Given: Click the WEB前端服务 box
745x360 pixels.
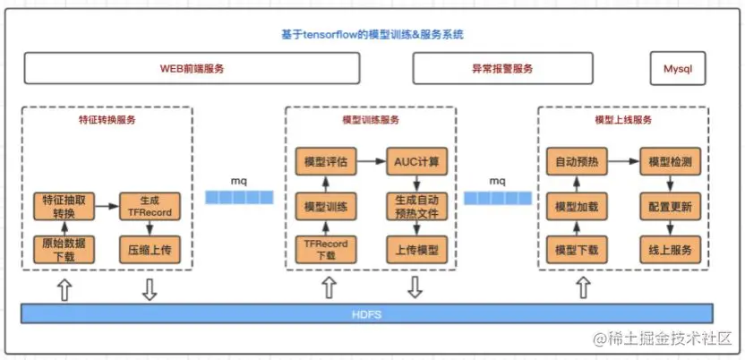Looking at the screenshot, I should [192, 68].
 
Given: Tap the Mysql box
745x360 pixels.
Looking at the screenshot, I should [677, 68].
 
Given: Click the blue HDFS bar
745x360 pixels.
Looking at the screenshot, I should [367, 313].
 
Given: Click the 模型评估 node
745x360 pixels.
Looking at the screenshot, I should [325, 163].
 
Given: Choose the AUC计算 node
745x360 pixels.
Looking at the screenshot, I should [414, 163].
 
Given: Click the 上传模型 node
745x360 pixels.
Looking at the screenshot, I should [414, 249].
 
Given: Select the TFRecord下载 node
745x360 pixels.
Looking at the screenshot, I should [325, 249].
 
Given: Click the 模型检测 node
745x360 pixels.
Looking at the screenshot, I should [666, 163].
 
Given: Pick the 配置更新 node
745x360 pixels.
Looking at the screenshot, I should [666, 206].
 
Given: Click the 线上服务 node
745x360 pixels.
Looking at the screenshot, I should [666, 249].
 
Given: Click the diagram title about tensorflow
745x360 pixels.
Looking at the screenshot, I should [371, 35].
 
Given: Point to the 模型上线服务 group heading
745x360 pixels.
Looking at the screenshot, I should [622, 119].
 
